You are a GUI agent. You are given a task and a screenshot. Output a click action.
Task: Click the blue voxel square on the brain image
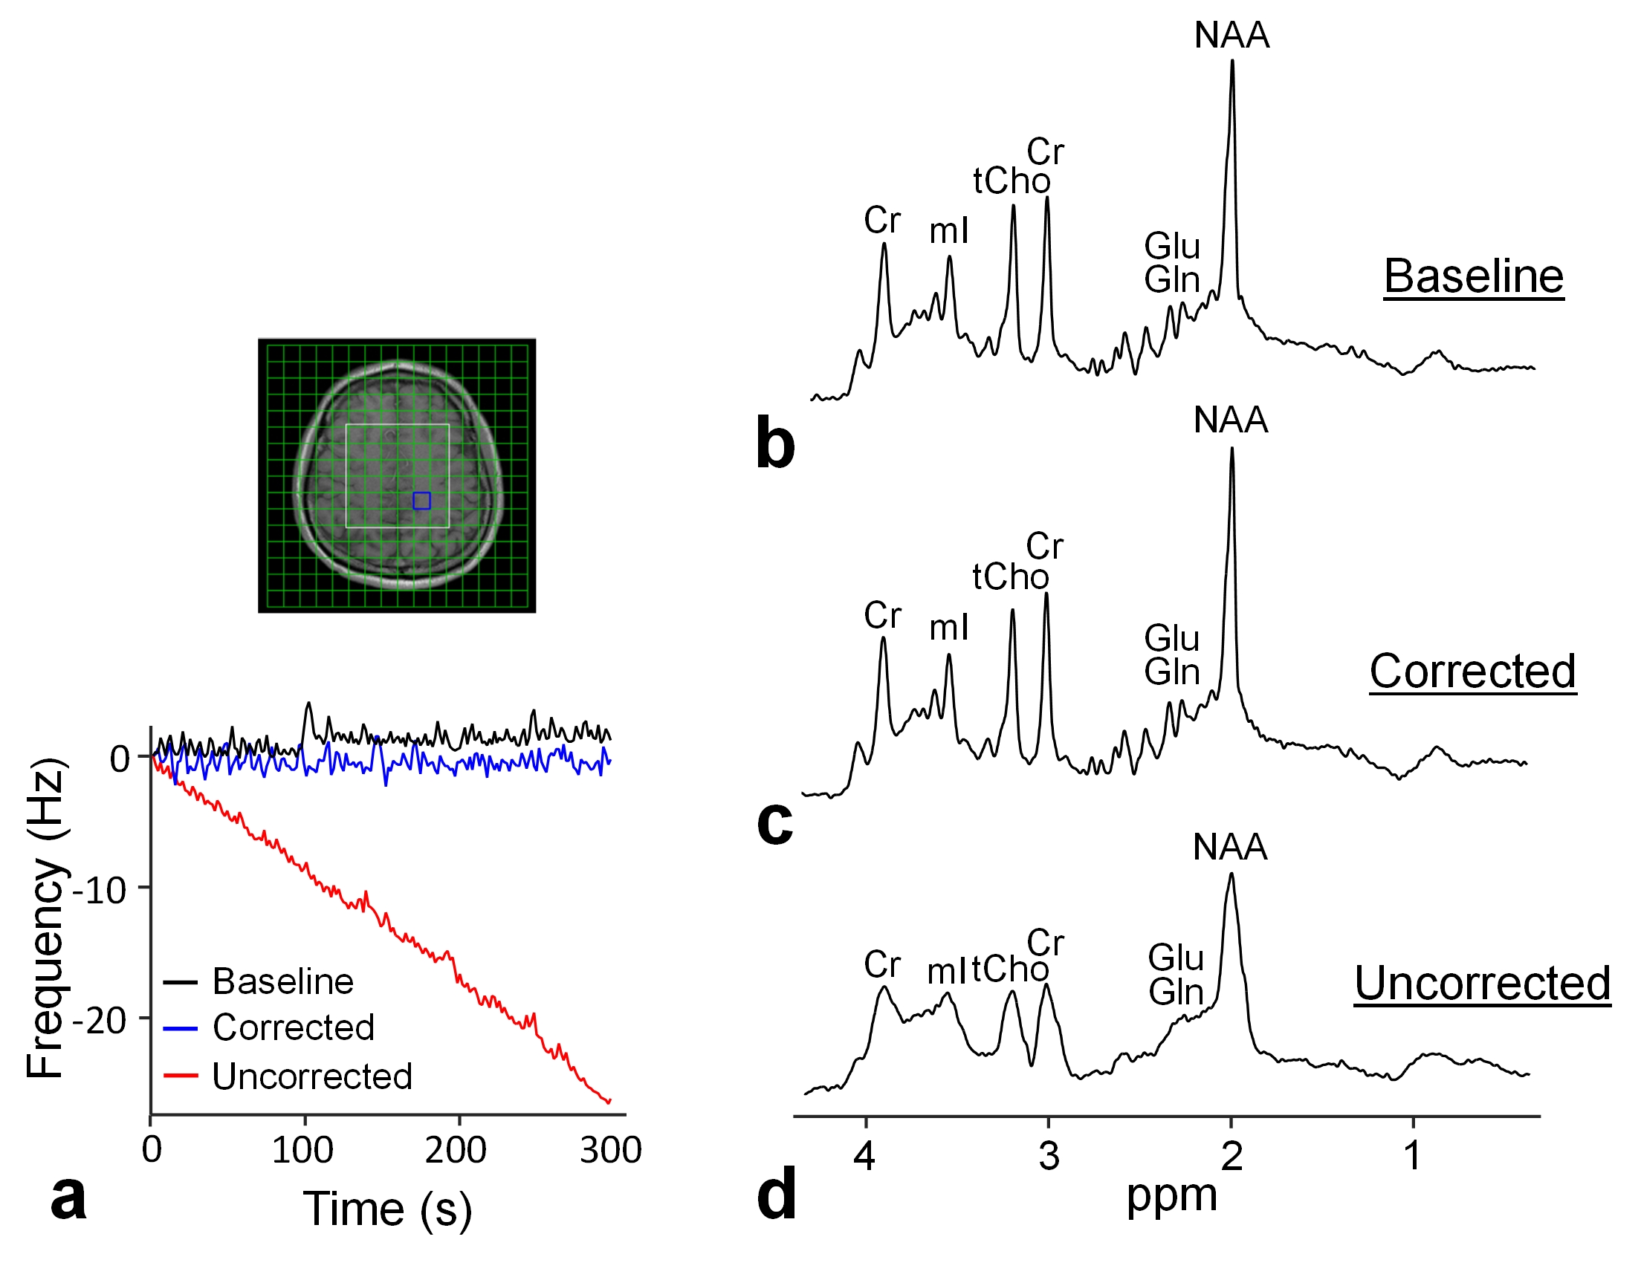(421, 501)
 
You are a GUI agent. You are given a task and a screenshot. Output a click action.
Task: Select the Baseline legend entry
(282, 982)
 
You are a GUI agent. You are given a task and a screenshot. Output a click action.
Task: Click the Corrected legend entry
(293, 1027)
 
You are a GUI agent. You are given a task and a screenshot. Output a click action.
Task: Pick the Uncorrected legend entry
(312, 1076)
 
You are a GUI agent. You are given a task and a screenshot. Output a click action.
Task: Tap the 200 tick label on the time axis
(456, 1150)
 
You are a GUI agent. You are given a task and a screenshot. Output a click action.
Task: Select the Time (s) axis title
(387, 1209)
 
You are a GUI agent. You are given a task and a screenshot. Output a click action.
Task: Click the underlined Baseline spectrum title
(1474, 276)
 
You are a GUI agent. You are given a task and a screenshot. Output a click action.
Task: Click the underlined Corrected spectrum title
(1473, 671)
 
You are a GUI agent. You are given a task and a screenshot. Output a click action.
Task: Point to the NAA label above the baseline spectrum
(1231, 36)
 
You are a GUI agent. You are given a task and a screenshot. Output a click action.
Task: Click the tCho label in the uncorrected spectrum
(1010, 969)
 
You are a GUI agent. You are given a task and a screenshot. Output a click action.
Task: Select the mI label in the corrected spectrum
(949, 628)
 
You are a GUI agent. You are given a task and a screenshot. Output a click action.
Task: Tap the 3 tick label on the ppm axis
(1049, 1156)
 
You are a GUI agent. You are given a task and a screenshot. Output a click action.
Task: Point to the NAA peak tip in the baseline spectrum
(1232, 62)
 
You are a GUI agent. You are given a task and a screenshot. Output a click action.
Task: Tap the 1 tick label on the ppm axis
(1414, 1156)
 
